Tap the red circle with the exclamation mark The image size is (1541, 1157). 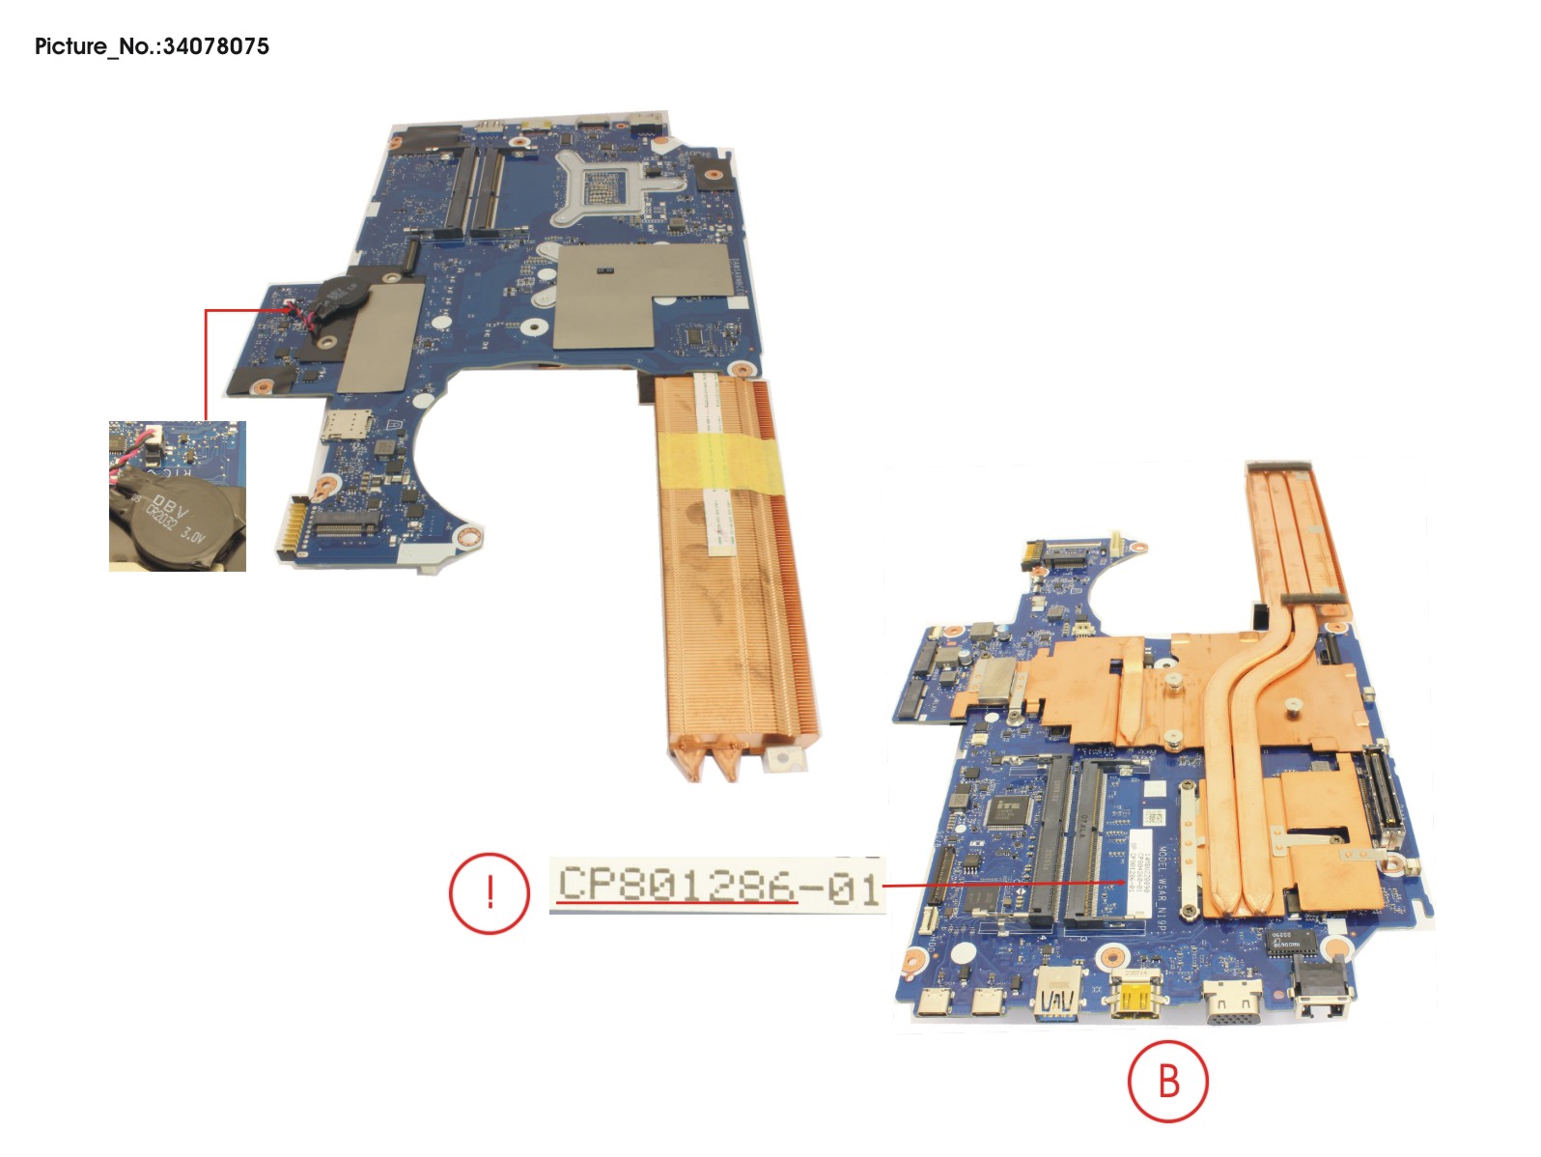(x=489, y=892)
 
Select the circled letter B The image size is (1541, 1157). (x=1167, y=1081)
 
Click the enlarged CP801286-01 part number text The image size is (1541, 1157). (x=718, y=885)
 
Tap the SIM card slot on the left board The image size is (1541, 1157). (x=337, y=425)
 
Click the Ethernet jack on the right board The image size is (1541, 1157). (x=1322, y=995)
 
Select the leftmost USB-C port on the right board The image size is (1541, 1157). (x=934, y=1002)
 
